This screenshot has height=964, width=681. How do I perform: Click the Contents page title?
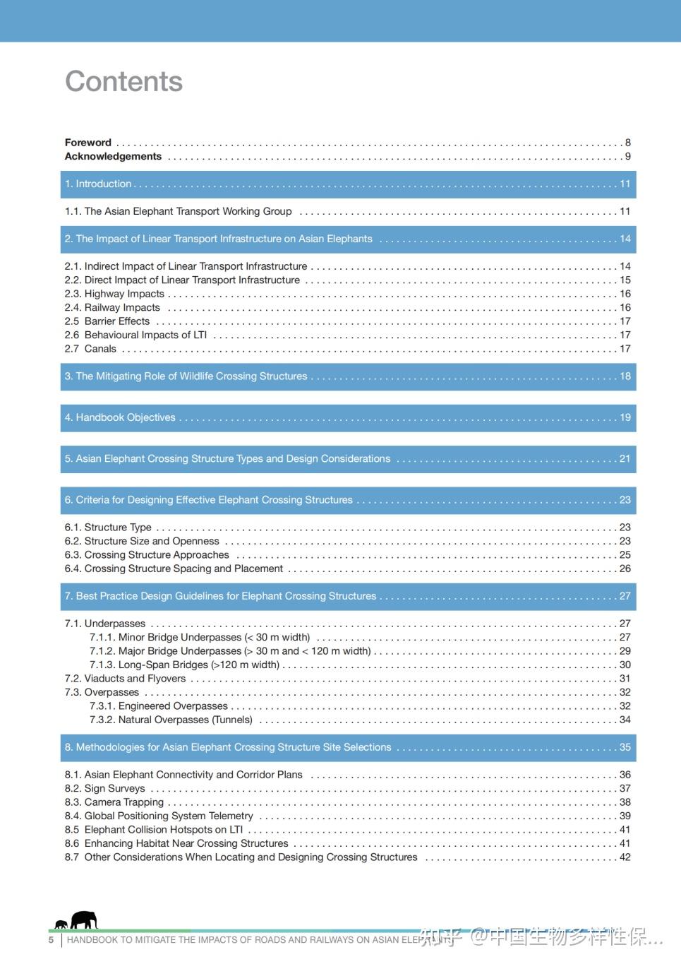point(123,82)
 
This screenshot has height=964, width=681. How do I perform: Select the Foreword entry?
point(88,143)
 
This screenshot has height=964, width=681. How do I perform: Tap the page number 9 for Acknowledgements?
point(627,157)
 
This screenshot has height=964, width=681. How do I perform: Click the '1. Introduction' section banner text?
point(98,184)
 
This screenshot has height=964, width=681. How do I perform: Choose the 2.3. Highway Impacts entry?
point(114,294)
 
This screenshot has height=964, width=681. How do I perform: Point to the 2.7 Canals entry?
point(90,349)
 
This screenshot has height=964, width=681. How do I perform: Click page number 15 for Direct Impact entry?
point(625,280)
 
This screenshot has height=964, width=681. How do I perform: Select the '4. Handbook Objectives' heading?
point(120,418)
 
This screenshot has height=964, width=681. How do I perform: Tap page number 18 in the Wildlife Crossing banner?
point(625,376)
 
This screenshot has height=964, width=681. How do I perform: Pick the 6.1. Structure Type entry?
point(108,528)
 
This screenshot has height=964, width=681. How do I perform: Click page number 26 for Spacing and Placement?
point(625,569)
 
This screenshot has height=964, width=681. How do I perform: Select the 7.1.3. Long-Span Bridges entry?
point(184,665)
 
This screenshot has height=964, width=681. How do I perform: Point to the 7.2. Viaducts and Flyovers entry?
point(125,679)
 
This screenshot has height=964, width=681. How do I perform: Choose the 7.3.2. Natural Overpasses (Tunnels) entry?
point(171,720)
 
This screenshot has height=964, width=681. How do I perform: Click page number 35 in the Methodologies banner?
point(625,748)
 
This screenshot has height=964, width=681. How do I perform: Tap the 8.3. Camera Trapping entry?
point(114,803)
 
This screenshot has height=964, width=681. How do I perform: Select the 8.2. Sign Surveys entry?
point(104,789)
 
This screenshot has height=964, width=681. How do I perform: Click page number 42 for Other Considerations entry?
point(625,858)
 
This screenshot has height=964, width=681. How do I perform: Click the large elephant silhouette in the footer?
point(84,920)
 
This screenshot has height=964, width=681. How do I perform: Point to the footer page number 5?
point(51,941)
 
